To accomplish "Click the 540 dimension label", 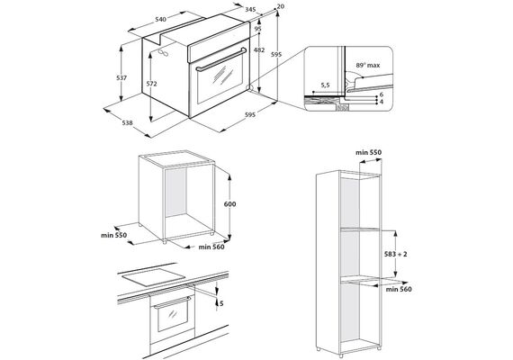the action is [160, 19].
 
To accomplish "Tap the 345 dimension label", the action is [250, 10].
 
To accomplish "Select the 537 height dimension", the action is [121, 78].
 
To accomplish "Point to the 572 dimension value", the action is [151, 84].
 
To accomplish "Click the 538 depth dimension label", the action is [127, 122].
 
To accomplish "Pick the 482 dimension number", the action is [259, 50].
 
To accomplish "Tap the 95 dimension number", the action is [257, 29].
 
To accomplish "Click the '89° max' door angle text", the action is [368, 66].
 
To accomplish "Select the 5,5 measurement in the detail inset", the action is [325, 85].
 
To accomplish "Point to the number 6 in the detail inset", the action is [382, 94].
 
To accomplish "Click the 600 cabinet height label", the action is [229, 204].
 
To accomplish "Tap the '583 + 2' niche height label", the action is [396, 254].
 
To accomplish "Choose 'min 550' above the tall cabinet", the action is [368, 152].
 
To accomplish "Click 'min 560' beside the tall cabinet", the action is [399, 289].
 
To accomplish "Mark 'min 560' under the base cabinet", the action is [211, 247].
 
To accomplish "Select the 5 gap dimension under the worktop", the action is [221, 303].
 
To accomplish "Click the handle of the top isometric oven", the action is [221, 59].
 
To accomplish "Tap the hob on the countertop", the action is [153, 276].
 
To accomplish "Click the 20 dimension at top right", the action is [281, 6].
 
